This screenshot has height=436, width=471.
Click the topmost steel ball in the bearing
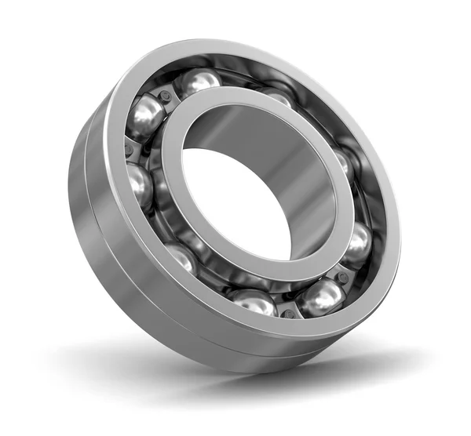click(198, 81)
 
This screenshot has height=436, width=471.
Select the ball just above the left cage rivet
click(145, 117)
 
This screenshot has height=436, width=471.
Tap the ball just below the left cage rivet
click(139, 185)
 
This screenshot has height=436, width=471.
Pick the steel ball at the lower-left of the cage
click(181, 256)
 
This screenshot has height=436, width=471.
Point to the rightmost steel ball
click(357, 243)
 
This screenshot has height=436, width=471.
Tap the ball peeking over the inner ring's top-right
click(276, 96)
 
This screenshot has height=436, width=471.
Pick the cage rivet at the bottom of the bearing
click(289, 312)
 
